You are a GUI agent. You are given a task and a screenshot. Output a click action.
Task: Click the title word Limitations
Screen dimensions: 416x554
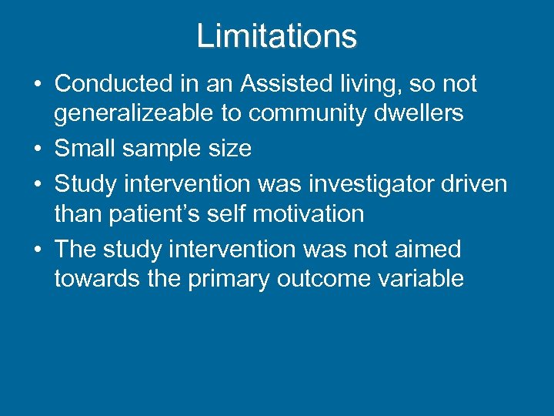click(x=277, y=36)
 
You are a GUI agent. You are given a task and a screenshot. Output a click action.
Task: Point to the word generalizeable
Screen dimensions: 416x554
click(x=133, y=113)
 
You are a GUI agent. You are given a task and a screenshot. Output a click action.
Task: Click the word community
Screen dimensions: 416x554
click(x=296, y=113)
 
